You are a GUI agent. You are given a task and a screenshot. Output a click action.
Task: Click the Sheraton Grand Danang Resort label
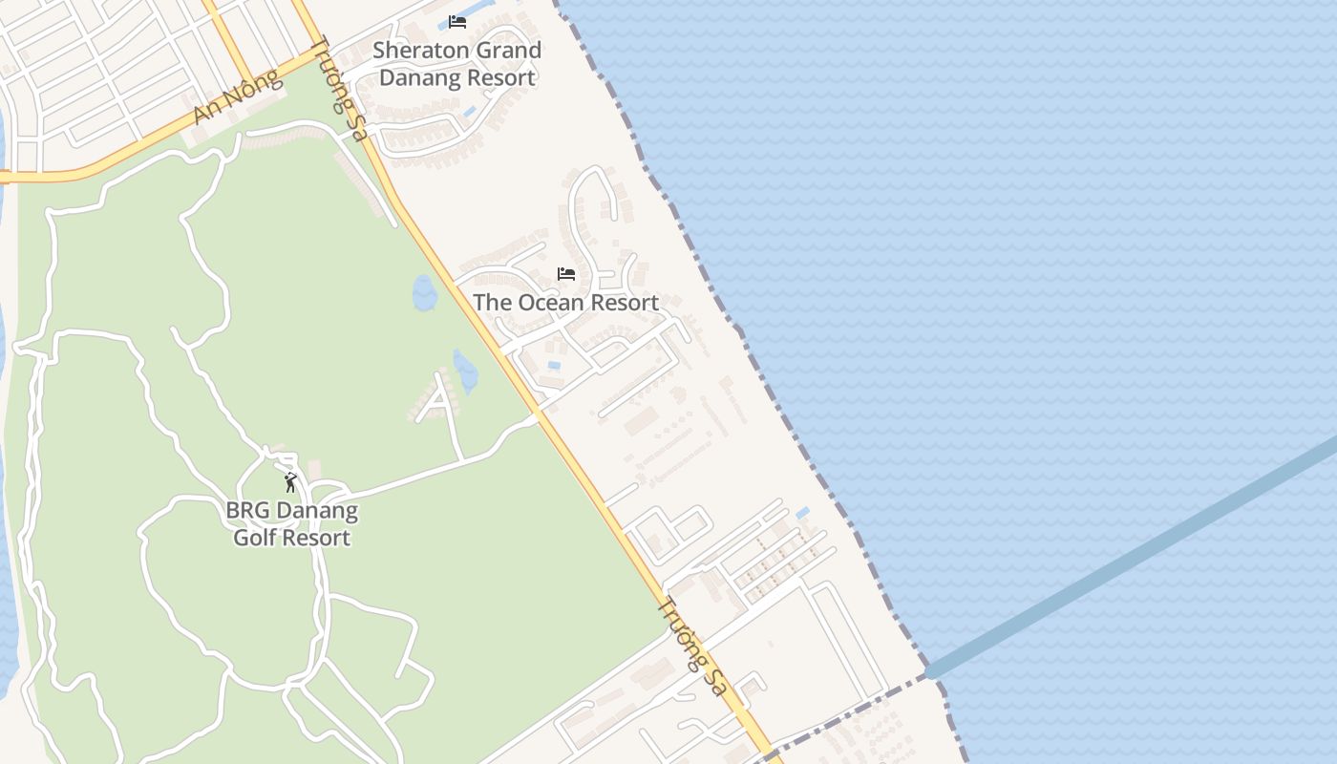[457, 64]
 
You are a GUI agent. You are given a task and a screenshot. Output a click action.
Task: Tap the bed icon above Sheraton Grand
[457, 22]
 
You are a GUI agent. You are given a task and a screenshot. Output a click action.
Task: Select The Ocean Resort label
[565, 303]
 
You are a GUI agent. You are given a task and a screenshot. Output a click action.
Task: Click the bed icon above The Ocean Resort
[566, 274]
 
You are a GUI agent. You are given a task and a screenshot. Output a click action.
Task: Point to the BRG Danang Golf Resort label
[291, 523]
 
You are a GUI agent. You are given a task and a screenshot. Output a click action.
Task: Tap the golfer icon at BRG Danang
[290, 482]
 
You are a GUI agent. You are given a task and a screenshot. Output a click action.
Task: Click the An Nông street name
[239, 96]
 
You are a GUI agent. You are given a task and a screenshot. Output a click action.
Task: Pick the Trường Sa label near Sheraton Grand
[338, 89]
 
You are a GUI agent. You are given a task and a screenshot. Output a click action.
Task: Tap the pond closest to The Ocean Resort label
[424, 293]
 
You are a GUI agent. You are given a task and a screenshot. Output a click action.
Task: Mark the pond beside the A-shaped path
[465, 371]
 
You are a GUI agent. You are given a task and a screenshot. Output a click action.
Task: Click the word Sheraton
[417, 51]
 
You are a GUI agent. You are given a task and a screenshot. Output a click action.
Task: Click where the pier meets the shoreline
[929, 672]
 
